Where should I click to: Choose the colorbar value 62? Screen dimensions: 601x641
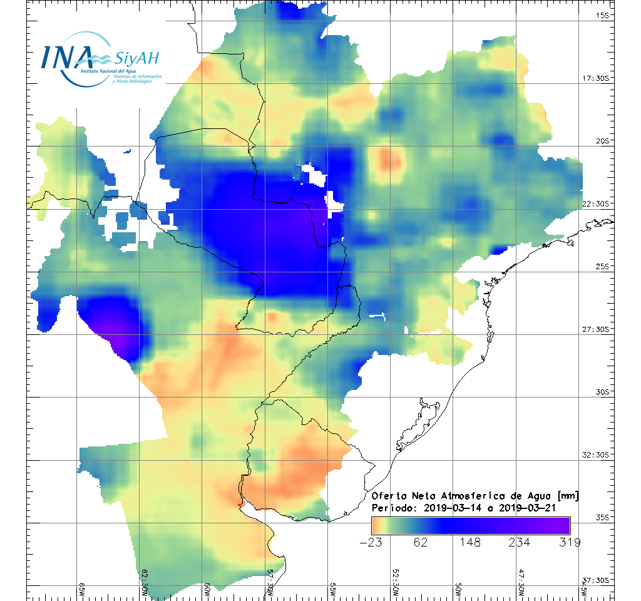pos(421,542)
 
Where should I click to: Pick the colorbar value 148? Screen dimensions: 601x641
pos(471,542)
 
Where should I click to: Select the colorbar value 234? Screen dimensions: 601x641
pos(519,542)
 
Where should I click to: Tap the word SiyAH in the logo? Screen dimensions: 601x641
pos(137,59)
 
